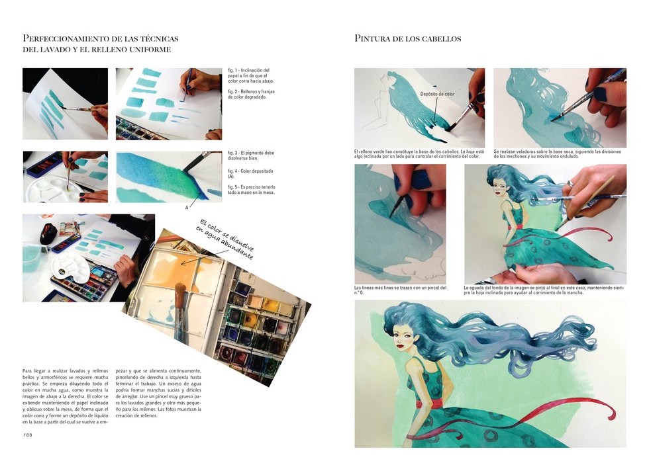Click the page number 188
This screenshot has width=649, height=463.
pos(28,435)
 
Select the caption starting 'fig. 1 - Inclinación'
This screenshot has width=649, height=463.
pos(251,75)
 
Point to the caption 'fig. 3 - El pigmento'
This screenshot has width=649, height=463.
pos(251,155)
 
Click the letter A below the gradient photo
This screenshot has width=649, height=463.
pos(187,208)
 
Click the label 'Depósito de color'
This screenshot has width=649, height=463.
pos(437,94)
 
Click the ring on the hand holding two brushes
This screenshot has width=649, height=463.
pos(570,184)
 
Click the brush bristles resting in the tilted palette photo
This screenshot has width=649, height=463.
pos(179,294)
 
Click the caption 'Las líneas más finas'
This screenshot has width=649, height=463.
pos(400,290)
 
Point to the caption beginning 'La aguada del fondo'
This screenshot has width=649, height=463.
pos(544,290)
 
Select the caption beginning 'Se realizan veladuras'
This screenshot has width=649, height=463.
pos(557,153)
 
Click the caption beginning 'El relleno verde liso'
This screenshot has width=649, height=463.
pos(419,153)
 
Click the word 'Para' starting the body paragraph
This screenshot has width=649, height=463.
pos(27,371)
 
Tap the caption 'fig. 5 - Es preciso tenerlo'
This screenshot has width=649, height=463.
pos(251,189)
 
